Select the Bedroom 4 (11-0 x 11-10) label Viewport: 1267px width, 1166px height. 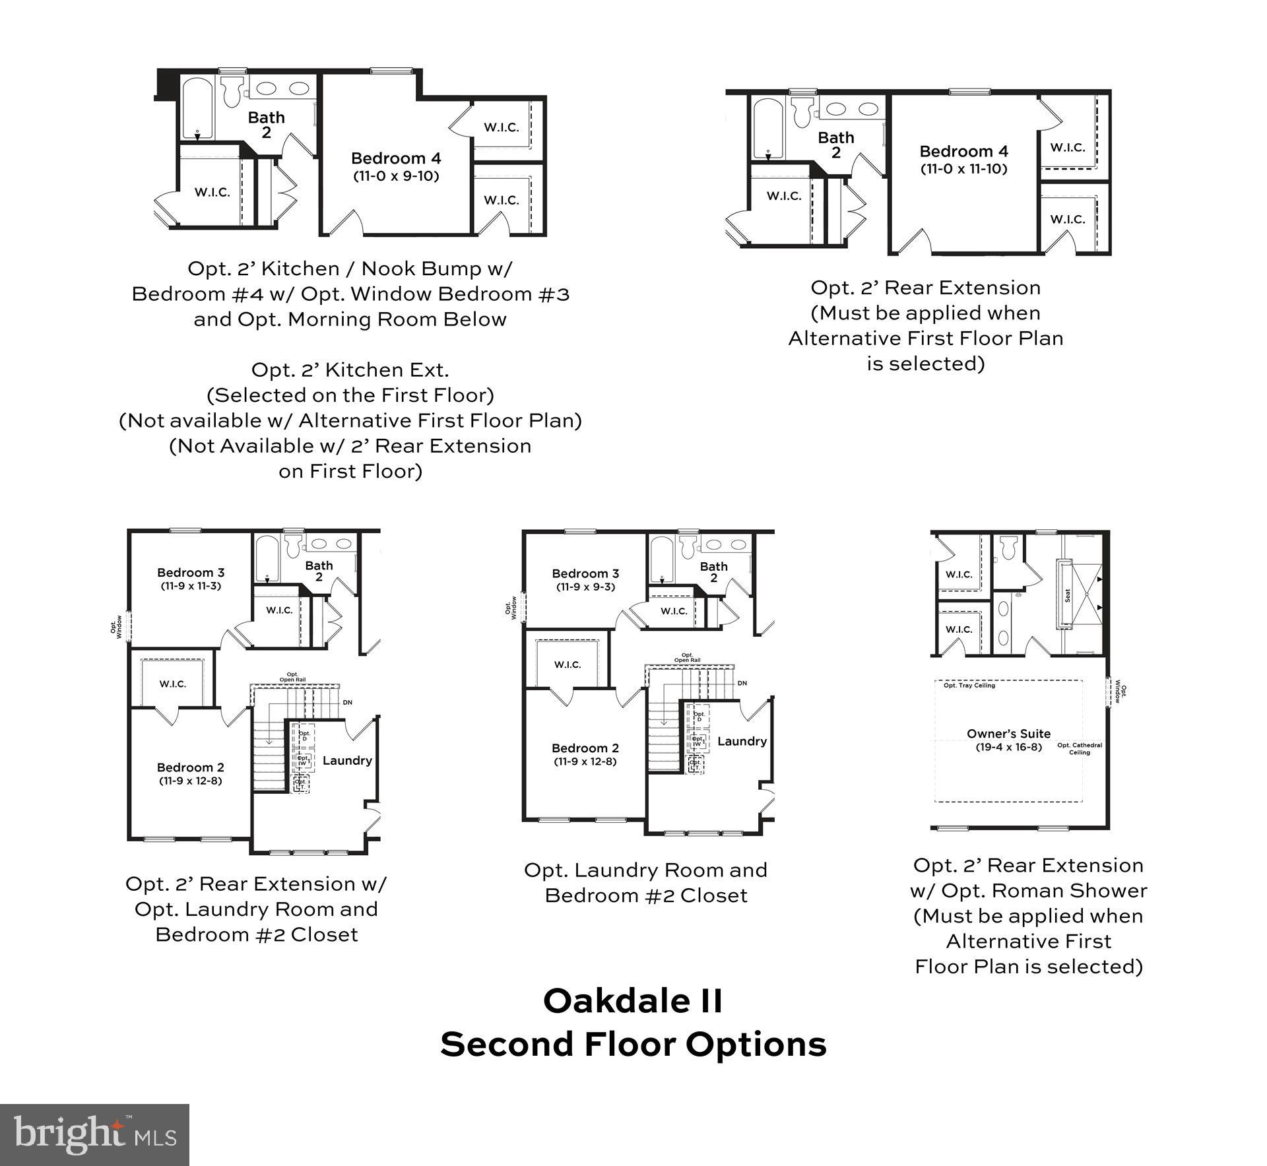click(963, 160)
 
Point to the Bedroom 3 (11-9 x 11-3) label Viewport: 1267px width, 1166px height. click(191, 579)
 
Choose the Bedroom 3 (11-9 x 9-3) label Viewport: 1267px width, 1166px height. click(585, 580)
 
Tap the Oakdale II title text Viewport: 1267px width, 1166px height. click(633, 1001)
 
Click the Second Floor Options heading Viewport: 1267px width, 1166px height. click(633, 1045)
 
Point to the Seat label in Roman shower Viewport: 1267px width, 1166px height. click(1067, 595)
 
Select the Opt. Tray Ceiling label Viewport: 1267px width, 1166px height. click(969, 686)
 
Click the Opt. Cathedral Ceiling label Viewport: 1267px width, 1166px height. click(1080, 749)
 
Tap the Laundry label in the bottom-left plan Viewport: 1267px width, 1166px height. click(347, 760)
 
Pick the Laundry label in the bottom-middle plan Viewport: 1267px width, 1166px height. click(742, 741)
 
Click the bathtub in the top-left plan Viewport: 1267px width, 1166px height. click(197, 109)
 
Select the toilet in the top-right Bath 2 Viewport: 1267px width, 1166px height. click(802, 112)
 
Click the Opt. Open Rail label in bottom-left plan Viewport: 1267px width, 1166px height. click(292, 677)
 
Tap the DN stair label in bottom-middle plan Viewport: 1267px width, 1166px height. click(742, 683)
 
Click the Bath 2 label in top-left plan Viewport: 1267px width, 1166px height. click(266, 125)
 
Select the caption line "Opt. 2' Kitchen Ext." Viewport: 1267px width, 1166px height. click(350, 370)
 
